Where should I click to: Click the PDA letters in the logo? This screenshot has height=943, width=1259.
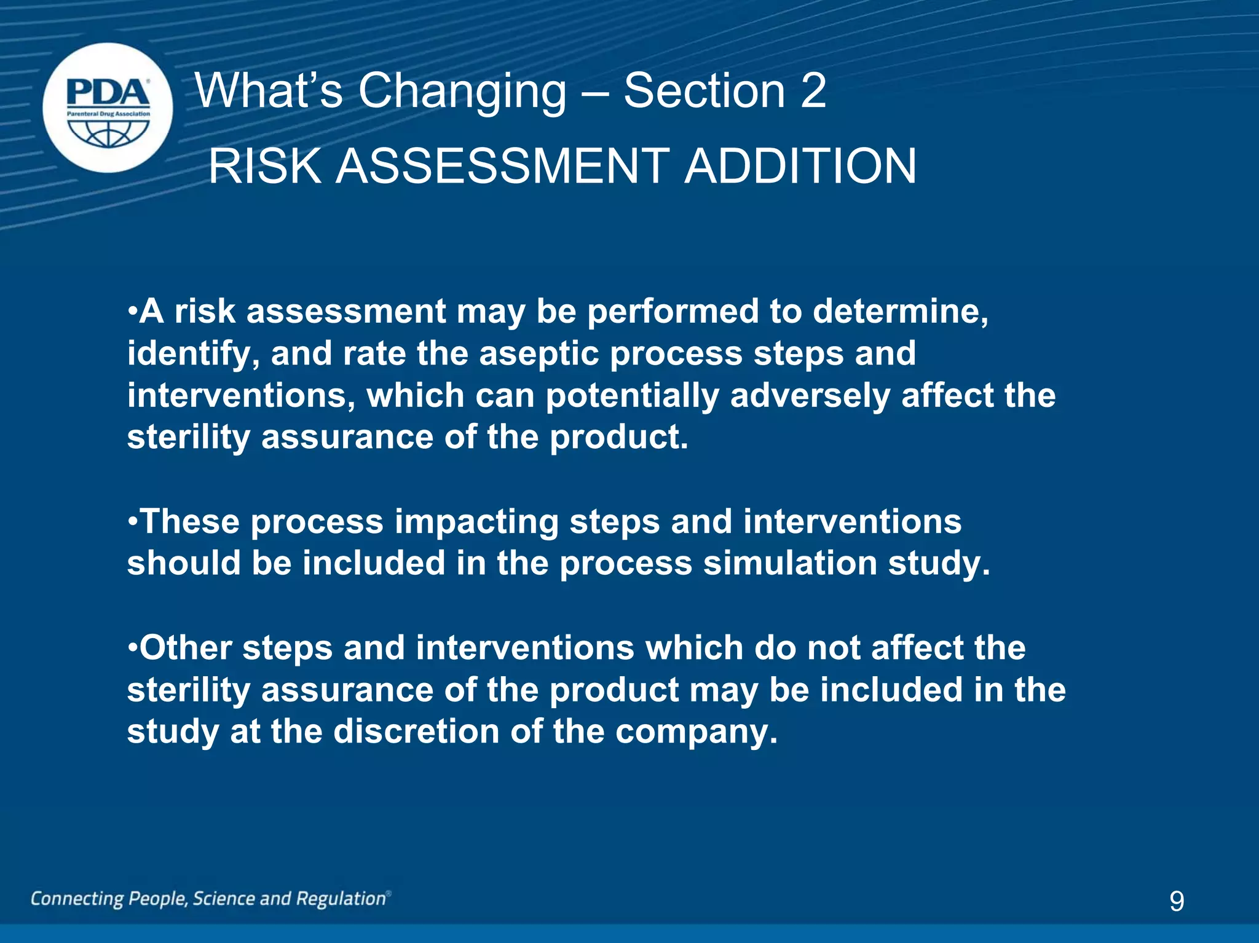(108, 93)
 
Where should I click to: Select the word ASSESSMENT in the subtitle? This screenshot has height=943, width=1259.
(502, 166)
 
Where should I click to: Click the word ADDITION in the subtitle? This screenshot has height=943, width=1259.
(800, 166)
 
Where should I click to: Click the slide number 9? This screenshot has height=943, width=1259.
(1176, 901)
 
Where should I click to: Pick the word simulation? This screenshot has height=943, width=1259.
(789, 563)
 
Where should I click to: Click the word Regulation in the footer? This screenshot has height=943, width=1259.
(341, 899)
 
